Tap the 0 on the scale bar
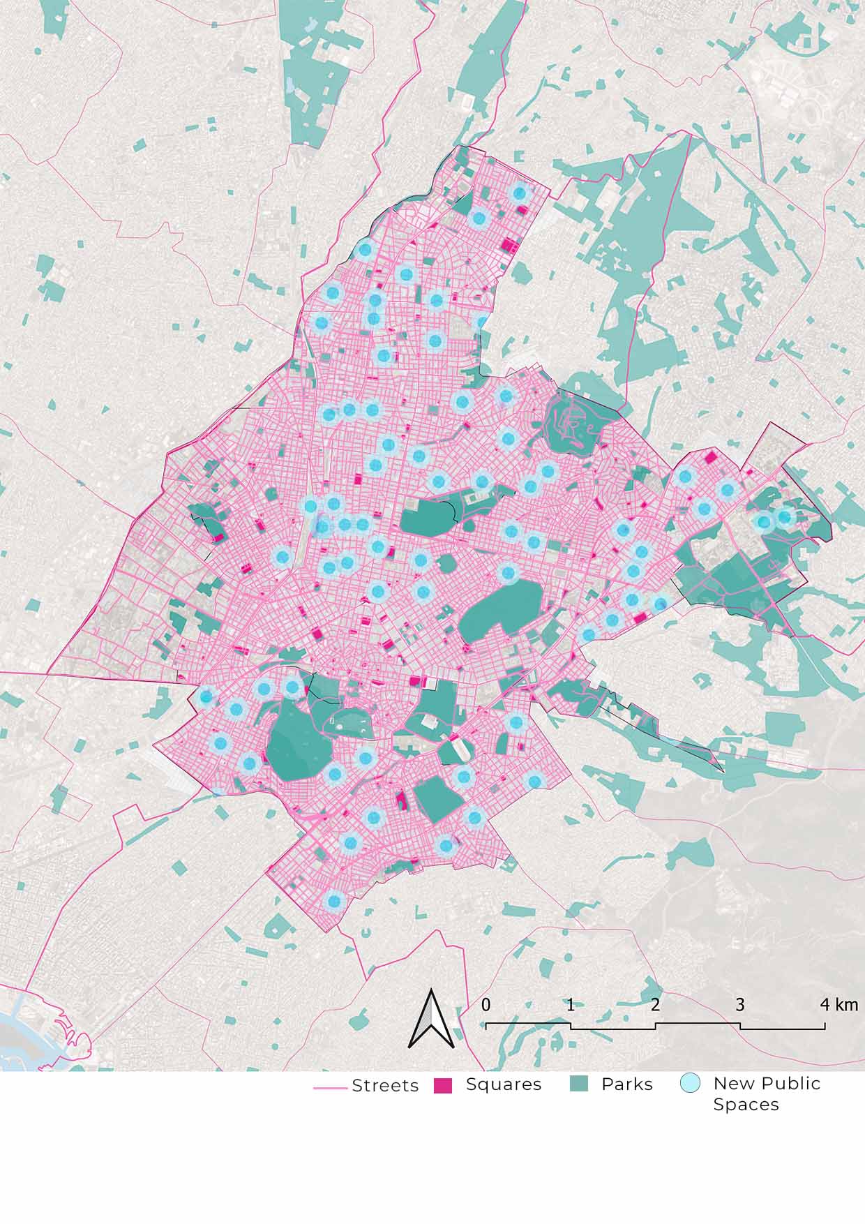pos(486,1005)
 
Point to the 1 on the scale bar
pos(571,1005)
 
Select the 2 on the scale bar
pos(655,1005)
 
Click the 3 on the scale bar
pos(740,1005)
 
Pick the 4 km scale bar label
pos(838,1005)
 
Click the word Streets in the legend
pos(385,1086)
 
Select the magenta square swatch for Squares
pos(443,1086)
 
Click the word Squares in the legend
pos(504,1084)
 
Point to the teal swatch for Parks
pos(579,1084)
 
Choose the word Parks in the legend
pos(627,1084)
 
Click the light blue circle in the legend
pos(690,1084)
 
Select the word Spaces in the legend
pos(746,1105)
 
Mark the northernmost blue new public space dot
pos(519,192)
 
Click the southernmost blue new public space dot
pos(334,900)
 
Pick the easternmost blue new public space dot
pos(785,517)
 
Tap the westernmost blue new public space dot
pos(206,696)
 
